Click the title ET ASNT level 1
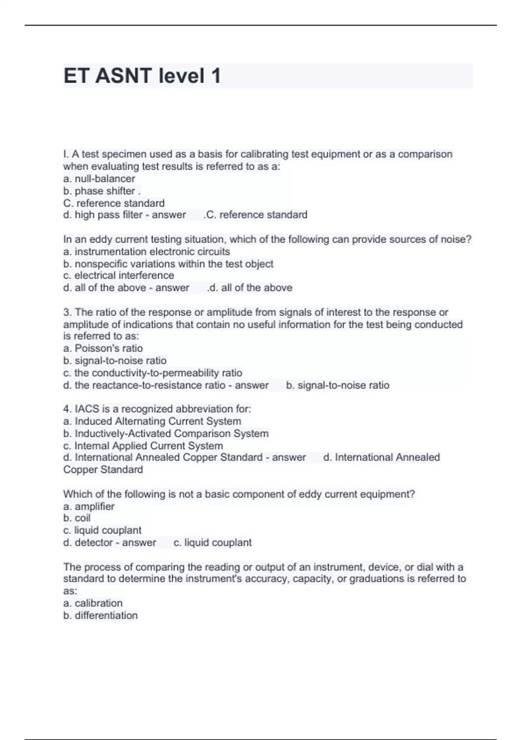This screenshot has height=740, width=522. tap(142, 76)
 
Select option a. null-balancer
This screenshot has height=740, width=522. tap(99, 179)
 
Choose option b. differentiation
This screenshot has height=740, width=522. tap(100, 616)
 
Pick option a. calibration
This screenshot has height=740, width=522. tap(93, 603)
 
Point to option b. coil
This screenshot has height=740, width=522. tap(77, 518)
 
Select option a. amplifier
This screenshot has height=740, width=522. tap(89, 506)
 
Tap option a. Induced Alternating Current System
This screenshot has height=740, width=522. tap(152, 421)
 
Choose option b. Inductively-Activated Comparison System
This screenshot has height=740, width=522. tap(166, 434)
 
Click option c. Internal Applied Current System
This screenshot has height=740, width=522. tap(143, 446)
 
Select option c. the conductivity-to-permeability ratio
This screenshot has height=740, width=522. tap(153, 373)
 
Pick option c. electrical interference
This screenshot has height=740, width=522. tap(119, 276)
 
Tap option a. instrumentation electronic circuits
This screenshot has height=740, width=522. tap(147, 252)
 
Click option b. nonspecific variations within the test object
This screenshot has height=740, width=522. tap(168, 264)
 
